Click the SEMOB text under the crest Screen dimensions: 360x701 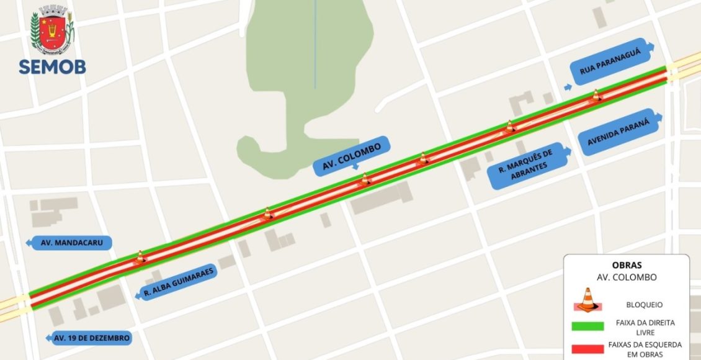(x=52, y=67)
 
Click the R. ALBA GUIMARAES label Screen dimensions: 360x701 (x=178, y=283)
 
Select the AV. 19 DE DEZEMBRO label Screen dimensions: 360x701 (x=91, y=338)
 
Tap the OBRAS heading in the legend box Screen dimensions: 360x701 (x=626, y=265)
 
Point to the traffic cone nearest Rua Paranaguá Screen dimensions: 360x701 (x=596, y=96)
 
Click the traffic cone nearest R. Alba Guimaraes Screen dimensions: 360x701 (x=140, y=256)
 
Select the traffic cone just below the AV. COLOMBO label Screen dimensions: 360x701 (x=365, y=180)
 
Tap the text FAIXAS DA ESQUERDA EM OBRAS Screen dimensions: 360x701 (x=645, y=349)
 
